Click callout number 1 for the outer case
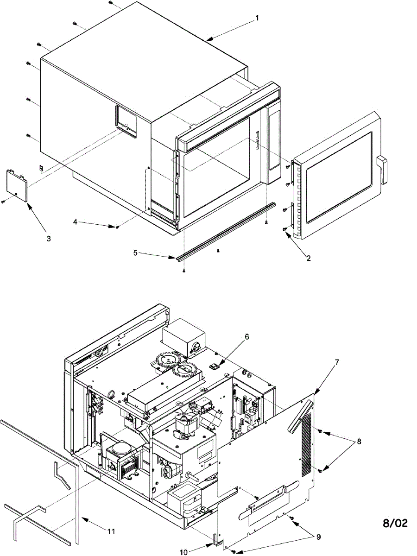(258, 19)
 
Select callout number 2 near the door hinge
(308, 258)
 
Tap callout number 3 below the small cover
(48, 239)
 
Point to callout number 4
(75, 222)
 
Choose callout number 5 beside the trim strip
(136, 253)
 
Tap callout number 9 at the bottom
(318, 537)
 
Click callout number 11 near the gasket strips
(111, 531)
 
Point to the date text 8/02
(395, 524)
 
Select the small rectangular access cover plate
(17, 185)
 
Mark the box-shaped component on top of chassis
(184, 336)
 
